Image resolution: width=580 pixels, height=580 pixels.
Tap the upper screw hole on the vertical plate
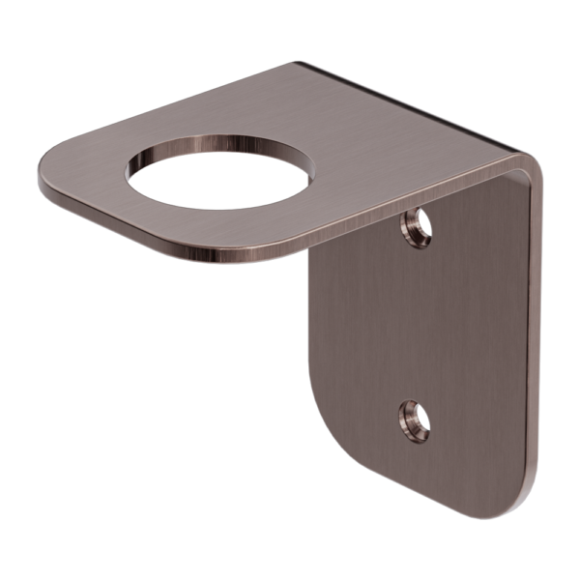417,228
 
